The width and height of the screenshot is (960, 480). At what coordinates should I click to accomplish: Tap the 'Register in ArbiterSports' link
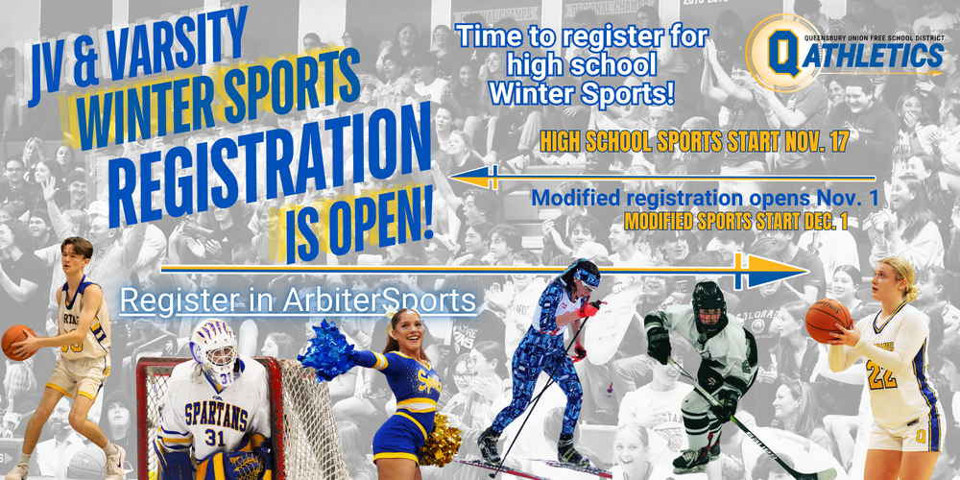click(x=298, y=300)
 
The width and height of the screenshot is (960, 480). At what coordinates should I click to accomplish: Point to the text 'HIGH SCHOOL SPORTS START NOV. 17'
click(x=695, y=142)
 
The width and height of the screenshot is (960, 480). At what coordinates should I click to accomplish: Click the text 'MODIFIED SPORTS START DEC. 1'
click(x=740, y=221)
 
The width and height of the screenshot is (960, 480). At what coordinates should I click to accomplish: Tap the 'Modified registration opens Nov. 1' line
click(x=691, y=199)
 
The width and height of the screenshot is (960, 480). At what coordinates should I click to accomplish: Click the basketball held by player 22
click(x=828, y=320)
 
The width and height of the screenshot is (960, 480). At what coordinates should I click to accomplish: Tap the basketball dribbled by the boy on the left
click(x=16, y=341)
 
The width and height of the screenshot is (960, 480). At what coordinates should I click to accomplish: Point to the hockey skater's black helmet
click(x=708, y=300)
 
